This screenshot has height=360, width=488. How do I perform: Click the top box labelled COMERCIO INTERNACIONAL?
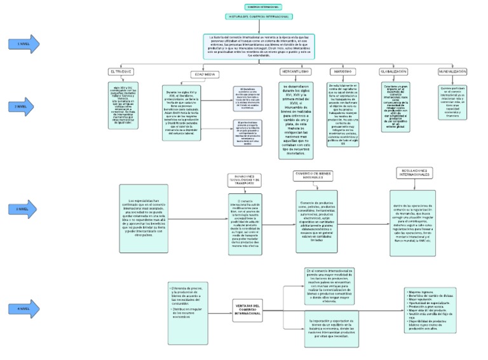pos(245,6)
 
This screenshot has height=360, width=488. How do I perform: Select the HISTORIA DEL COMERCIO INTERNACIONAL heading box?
pos(248,17)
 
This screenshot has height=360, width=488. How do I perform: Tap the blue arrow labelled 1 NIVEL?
pos(24,44)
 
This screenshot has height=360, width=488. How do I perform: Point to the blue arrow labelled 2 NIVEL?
pos(24,109)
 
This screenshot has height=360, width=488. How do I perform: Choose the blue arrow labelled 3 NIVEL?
pos(24,208)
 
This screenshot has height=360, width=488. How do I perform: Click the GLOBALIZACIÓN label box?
pos(394,72)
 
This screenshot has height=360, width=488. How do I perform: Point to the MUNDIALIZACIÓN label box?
pos(453,72)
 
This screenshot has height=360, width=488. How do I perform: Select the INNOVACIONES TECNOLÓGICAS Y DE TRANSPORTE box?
pos(245,181)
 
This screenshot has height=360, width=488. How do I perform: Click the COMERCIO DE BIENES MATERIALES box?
pos(313,176)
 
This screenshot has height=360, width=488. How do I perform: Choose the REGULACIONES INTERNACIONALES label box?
pos(413,173)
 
